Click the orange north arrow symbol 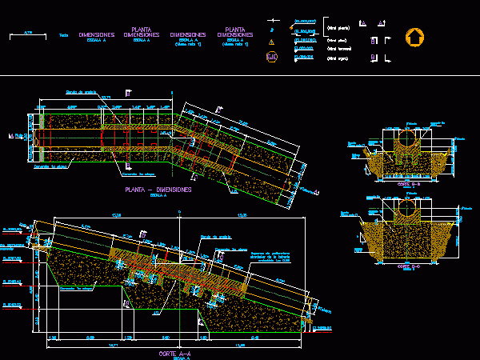(x=414, y=37)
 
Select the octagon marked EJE (x=272, y=56)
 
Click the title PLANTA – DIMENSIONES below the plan (x=158, y=190)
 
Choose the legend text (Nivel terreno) (x=338, y=48)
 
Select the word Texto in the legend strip (x=63, y=35)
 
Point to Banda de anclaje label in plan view (x=80, y=92)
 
